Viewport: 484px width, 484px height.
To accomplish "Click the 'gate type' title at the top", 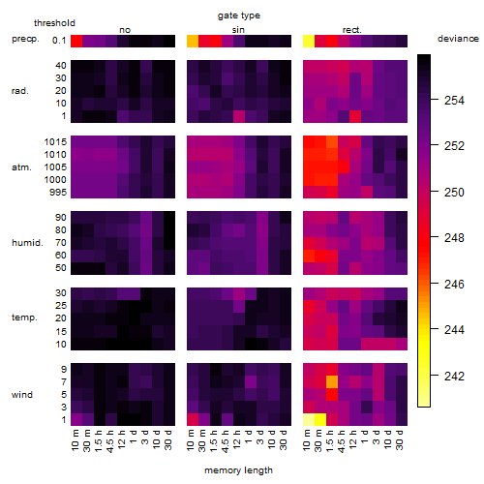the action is [239, 15].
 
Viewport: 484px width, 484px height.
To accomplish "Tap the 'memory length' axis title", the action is [238, 470].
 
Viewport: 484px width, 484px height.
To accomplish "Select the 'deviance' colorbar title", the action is [458, 39].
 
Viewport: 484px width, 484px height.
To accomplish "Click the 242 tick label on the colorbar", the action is [454, 376].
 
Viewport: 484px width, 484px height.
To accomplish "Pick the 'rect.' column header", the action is [351, 30].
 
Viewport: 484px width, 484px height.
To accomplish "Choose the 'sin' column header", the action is [238, 30].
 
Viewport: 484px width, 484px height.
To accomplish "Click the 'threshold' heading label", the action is [54, 23].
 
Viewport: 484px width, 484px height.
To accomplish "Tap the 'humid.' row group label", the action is [27, 243].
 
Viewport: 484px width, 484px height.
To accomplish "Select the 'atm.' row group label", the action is [21, 167].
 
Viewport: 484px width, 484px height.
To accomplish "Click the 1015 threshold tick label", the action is [55, 142].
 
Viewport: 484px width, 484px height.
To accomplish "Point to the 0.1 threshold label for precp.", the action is [59, 41].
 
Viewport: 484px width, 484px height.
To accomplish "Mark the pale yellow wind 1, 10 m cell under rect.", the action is [309, 419].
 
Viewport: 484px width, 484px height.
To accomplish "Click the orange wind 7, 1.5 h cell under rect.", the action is [332, 381].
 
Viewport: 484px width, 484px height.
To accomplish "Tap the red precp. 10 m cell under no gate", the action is [76, 41].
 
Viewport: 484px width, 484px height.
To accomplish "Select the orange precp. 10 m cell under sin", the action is [193, 41].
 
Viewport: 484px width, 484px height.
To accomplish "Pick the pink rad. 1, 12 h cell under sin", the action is [239, 116].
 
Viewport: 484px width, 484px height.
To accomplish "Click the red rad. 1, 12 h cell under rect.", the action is [355, 116].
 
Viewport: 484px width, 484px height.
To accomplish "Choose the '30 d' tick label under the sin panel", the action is [284, 439].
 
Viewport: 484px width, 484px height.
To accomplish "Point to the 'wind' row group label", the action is [22, 395].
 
